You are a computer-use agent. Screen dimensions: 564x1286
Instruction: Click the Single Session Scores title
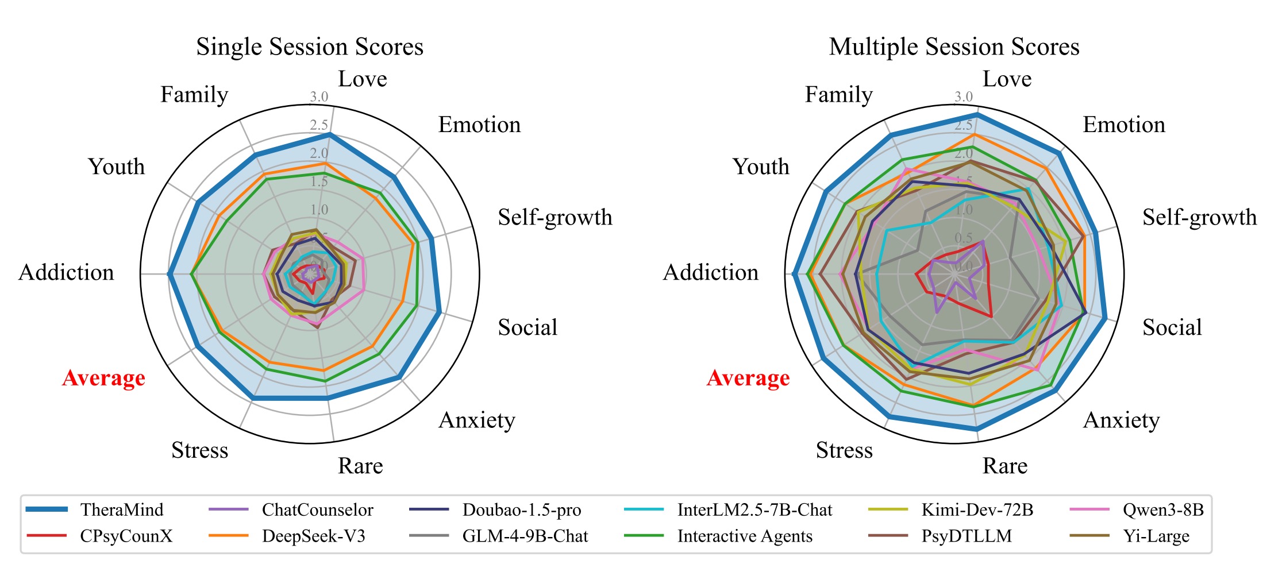(x=310, y=47)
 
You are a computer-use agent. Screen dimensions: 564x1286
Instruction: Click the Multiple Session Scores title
(x=954, y=47)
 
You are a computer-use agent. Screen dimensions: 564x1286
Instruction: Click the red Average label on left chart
(x=104, y=378)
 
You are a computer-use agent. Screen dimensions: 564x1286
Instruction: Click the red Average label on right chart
(x=748, y=378)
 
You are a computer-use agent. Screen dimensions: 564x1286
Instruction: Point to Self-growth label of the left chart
(x=555, y=217)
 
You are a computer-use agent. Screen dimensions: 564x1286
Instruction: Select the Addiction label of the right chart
(x=711, y=272)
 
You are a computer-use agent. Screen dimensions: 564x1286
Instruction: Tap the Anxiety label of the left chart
(x=477, y=420)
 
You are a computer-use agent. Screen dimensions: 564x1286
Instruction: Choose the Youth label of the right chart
(x=761, y=167)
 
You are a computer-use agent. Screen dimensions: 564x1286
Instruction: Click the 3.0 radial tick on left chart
(x=319, y=97)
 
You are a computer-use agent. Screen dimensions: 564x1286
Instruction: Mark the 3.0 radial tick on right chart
(x=964, y=97)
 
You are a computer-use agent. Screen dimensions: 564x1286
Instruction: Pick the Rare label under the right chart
(x=1005, y=466)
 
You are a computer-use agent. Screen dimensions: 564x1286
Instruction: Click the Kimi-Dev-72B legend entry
(x=977, y=509)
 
